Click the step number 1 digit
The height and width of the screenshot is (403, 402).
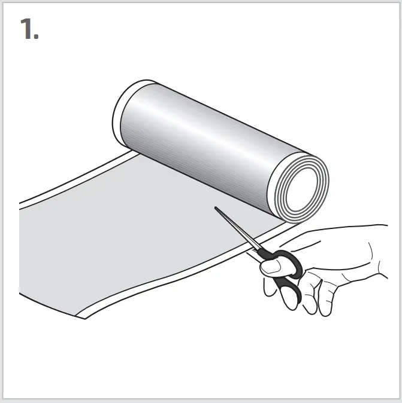point(27,29)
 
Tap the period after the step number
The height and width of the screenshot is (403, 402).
point(37,36)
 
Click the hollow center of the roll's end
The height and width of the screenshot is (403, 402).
point(303,187)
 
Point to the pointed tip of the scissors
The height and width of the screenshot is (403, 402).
point(216,208)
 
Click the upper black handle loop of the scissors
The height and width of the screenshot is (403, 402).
point(288,264)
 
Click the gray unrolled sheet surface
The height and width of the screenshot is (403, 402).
point(132,233)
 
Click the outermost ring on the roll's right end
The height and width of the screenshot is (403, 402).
point(327,173)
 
